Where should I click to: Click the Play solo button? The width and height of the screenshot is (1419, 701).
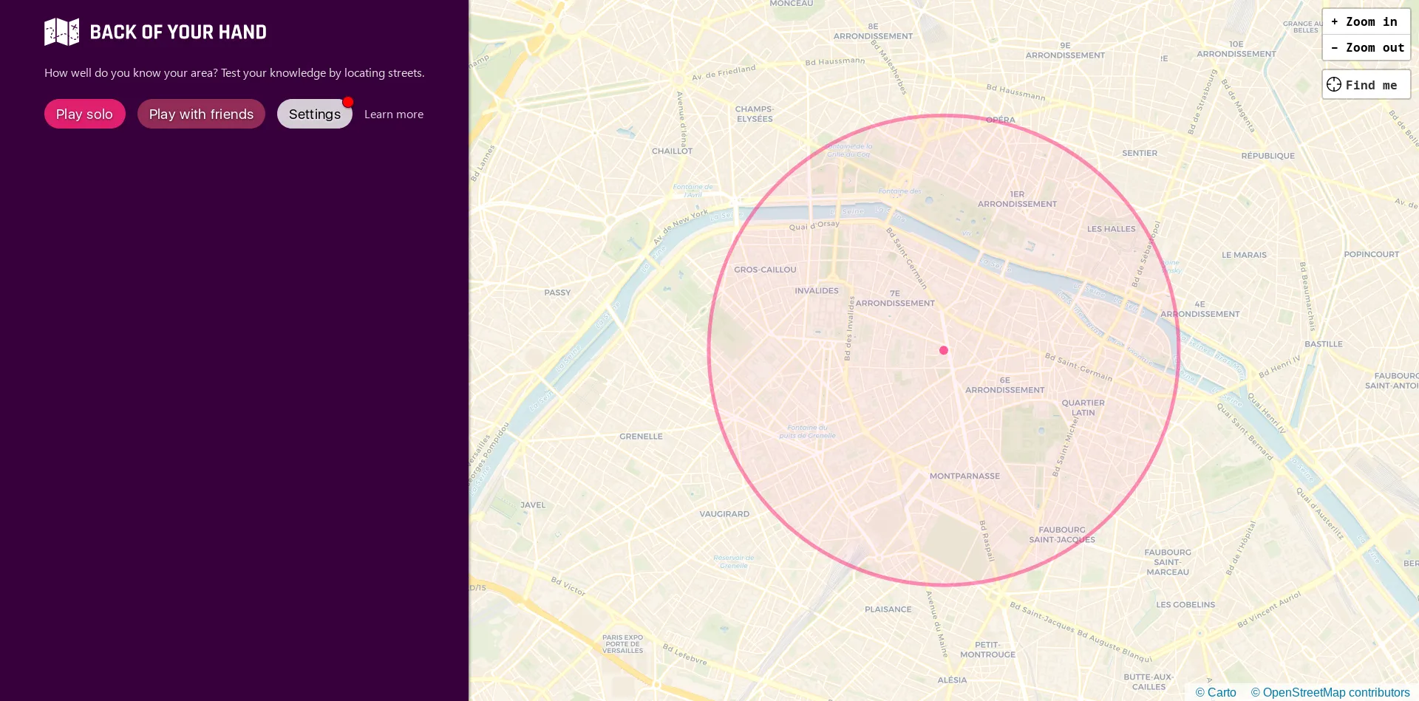tap(84, 114)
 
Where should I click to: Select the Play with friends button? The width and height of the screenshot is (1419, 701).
tap(201, 114)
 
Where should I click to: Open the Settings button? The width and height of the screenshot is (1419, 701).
tap(314, 114)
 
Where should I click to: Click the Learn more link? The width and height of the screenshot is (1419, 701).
tap(393, 114)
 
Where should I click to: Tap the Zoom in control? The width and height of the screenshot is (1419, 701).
tap(1365, 22)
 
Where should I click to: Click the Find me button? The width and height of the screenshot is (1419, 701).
tap(1365, 85)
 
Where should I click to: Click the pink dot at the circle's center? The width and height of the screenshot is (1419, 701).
tap(944, 350)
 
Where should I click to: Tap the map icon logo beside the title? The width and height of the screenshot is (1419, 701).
tap(61, 32)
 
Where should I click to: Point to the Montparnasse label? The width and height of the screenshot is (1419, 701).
tap(964, 476)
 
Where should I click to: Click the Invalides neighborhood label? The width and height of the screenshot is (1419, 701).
tap(816, 291)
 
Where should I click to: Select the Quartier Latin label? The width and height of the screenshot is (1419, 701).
tap(1083, 408)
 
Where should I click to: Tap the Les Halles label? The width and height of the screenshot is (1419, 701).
tap(1111, 229)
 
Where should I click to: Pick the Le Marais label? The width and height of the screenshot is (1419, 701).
tap(1244, 255)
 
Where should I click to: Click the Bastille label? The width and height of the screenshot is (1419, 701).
tap(1323, 344)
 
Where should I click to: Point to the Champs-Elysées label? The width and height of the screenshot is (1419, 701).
tap(754, 114)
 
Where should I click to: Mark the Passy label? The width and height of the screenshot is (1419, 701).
tap(557, 293)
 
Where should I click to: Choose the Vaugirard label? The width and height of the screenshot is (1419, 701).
tap(724, 514)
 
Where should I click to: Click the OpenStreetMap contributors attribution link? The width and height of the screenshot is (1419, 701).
tap(1330, 692)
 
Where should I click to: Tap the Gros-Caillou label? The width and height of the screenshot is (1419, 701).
tap(765, 270)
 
